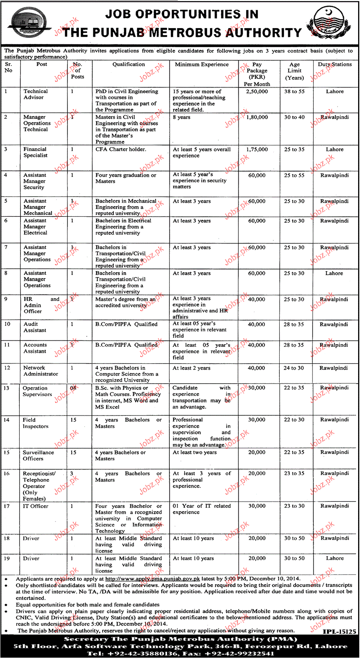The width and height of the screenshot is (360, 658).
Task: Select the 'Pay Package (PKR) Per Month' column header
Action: [x=257, y=74]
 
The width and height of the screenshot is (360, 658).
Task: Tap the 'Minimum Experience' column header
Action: [x=202, y=64]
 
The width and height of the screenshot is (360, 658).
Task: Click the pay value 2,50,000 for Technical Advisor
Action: [x=257, y=91]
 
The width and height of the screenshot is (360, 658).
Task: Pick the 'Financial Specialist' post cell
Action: [x=35, y=152]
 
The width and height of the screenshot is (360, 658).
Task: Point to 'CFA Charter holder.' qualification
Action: [x=121, y=149]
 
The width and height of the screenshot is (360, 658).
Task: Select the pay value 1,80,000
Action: [x=257, y=117]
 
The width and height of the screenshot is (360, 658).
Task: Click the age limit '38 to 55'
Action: [x=294, y=91]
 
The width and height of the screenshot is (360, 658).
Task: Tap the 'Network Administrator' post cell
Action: [x=41, y=371]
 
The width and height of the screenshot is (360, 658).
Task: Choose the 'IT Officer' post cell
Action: [x=35, y=506]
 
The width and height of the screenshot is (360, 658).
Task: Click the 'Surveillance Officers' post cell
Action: [x=38, y=455]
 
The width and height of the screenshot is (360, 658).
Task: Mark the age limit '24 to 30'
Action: [x=294, y=368]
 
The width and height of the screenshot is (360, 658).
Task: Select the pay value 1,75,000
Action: [x=257, y=149]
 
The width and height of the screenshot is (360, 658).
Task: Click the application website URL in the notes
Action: [x=152, y=579]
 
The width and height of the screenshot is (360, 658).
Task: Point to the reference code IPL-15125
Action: [x=340, y=631]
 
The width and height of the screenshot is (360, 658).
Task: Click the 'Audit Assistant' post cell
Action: [x=35, y=327]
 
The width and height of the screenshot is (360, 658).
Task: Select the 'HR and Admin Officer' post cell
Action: [x=41, y=305]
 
